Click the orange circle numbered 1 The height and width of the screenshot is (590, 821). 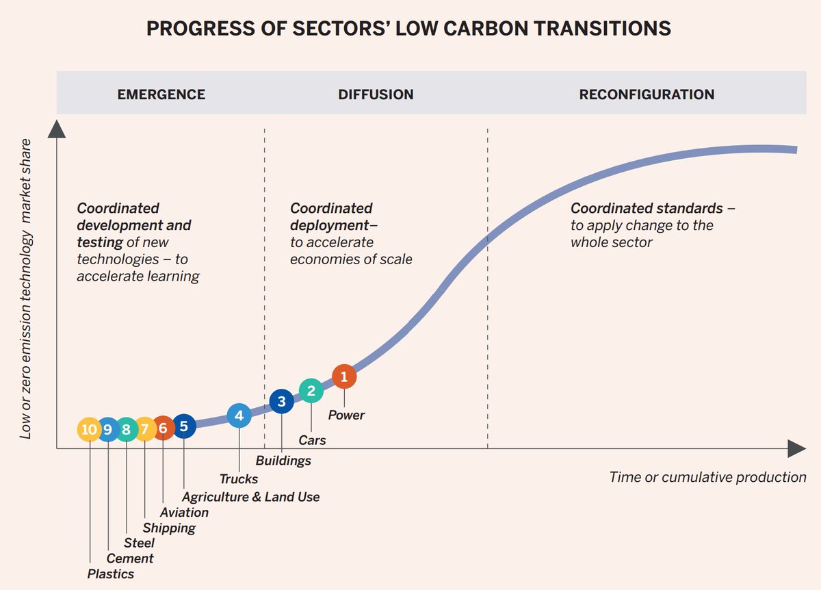tap(344, 376)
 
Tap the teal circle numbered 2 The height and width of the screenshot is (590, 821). tap(311, 391)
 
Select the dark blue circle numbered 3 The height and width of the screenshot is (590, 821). tap(281, 402)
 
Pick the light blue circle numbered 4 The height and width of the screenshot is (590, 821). tap(239, 415)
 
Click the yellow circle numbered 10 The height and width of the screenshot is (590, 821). tap(89, 429)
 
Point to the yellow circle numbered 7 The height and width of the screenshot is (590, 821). tap(144, 429)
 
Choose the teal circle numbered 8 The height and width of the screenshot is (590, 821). tap(126, 429)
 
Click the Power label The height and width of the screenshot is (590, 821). tap(346, 415)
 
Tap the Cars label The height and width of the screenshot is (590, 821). tap(312, 440)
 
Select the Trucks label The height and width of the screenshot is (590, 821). tap(239, 479)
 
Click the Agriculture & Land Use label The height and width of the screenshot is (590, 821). tap(250, 497)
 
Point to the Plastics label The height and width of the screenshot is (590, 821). tap(111, 574)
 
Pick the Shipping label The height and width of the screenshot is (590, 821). tap(169, 528)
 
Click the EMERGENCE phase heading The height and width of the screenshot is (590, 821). tap(161, 94)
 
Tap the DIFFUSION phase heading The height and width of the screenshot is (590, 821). tap(376, 94)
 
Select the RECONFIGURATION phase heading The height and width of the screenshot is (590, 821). tap(647, 94)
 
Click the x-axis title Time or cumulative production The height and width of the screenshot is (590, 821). tap(707, 477)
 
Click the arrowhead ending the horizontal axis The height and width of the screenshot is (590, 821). tap(796, 449)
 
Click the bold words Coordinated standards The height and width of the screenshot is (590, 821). tap(647, 208)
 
